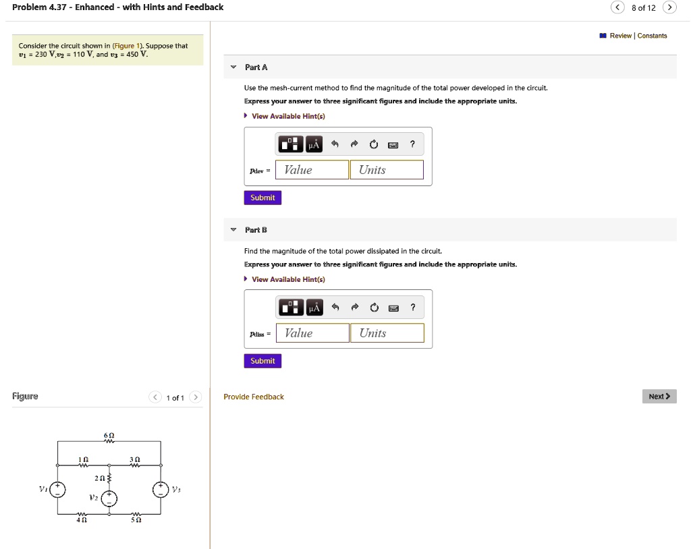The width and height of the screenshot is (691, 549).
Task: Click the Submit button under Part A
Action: click(262, 198)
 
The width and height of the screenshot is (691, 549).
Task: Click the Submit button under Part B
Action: click(262, 361)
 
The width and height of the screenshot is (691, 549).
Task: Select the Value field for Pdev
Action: click(312, 170)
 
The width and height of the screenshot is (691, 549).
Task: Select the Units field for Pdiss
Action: click(387, 333)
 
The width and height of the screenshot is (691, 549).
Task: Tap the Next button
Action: click(659, 397)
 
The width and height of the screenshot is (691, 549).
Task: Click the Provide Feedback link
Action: click(254, 397)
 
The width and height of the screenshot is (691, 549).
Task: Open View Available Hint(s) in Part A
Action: click(288, 116)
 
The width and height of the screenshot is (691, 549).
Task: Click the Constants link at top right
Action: click(652, 36)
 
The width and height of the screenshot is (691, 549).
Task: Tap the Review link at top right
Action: click(619, 36)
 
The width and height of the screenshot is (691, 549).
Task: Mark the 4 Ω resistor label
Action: click(81, 520)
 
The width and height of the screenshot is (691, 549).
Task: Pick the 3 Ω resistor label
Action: click(135, 459)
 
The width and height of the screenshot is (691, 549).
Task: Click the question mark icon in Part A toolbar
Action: click(412, 144)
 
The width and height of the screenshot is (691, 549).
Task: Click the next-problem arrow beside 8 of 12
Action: click(669, 7)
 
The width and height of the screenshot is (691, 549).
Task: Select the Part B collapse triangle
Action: click(233, 230)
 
